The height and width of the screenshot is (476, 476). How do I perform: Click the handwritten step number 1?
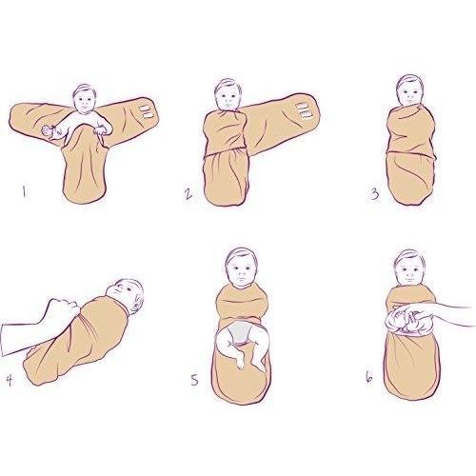coord(24,192)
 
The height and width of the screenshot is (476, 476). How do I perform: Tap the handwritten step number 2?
coord(188,194)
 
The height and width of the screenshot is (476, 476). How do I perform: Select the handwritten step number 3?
coord(375,193)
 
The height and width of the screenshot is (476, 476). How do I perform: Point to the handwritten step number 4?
coord(10,380)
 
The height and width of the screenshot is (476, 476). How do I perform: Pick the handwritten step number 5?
coord(194,380)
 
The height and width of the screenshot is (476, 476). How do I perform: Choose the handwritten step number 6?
coord(369,377)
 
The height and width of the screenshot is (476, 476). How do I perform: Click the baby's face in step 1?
coord(85,100)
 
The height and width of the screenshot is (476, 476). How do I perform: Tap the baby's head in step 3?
coord(410,91)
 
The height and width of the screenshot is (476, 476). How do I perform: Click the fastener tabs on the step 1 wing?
coord(146,112)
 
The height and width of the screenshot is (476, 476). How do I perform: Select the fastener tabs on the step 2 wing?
coord(304,110)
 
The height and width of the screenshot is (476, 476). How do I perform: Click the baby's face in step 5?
coord(241,272)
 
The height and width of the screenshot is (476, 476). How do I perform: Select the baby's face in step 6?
coord(409,271)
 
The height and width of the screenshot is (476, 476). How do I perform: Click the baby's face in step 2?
coord(228,96)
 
